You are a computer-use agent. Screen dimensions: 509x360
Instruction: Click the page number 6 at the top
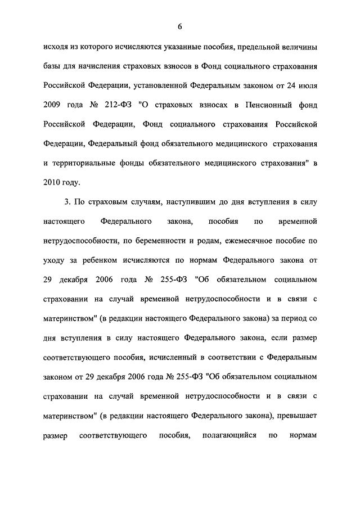(180, 27)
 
